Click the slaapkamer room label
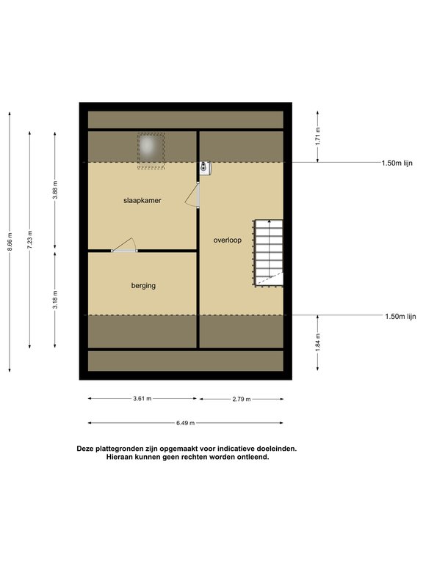pos(142,201)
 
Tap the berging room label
pos(143,286)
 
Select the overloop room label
pos(228,240)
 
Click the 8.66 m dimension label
pos(10,242)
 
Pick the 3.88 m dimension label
pos(55,190)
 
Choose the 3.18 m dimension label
pos(55,300)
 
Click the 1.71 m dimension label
pos(317,136)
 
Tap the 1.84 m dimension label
pos(317,342)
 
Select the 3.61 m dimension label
pos(142,399)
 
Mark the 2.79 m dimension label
pos(242,399)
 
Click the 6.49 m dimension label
pos(185,423)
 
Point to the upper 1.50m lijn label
pos(397,163)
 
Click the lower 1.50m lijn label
pos(400,317)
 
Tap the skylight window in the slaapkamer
pos(151,151)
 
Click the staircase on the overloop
pos(268,253)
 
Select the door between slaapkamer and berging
pos(124,246)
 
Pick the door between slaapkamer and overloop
pos(193,195)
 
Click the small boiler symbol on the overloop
pos(206,168)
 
